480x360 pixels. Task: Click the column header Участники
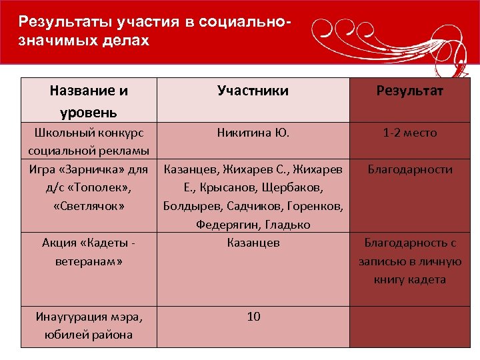click(x=253, y=91)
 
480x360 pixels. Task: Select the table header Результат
click(x=410, y=91)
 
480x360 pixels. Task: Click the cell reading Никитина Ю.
click(x=253, y=133)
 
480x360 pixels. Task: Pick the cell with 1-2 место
click(x=410, y=133)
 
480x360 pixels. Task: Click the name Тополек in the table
click(x=96, y=188)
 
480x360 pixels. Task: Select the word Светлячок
click(x=89, y=206)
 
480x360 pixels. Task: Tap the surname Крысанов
click(x=243, y=188)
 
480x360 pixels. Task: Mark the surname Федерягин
click(x=226, y=225)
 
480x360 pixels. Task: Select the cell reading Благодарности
click(x=410, y=169)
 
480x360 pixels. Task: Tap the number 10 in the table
click(x=253, y=317)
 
